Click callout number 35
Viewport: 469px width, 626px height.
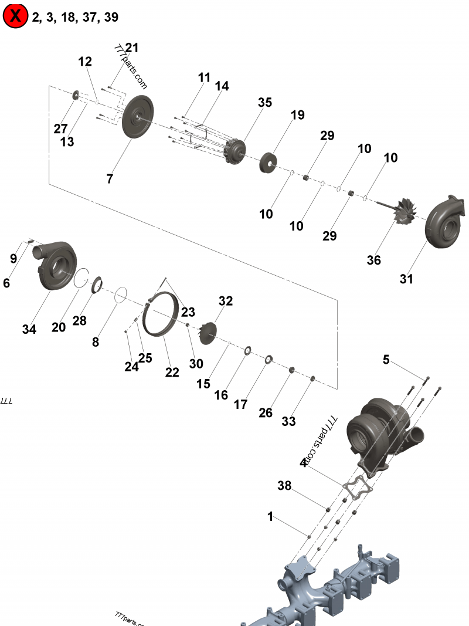point(265,103)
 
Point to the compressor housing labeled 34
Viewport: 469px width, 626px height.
point(58,265)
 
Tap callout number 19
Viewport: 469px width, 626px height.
point(298,115)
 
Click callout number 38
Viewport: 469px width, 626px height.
point(284,486)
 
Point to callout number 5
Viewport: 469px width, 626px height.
point(386,360)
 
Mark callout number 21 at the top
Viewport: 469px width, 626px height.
point(132,48)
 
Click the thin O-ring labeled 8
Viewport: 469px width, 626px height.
point(121,294)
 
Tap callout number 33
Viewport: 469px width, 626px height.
point(289,421)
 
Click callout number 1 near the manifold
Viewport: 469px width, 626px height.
point(270,517)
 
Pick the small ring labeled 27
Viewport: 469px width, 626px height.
point(76,96)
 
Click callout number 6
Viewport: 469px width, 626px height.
point(6,283)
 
